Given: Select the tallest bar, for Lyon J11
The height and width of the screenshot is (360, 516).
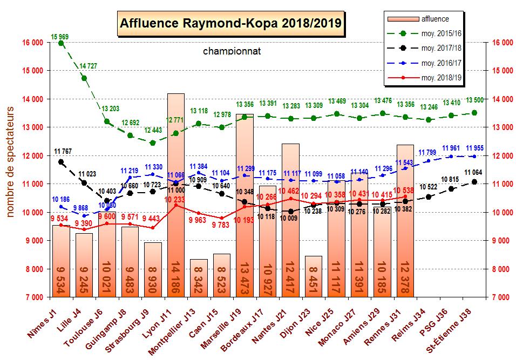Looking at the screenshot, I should click(176, 194).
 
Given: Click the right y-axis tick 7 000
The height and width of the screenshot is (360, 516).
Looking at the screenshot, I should click(500, 297).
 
